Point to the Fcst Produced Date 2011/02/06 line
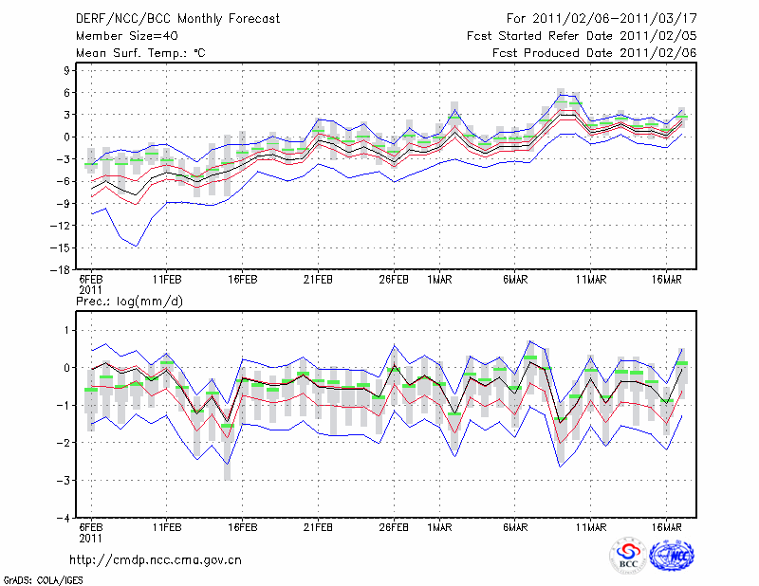click(x=594, y=53)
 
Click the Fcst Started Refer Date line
click(x=582, y=36)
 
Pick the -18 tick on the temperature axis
click(x=63, y=269)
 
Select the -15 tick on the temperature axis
click(x=63, y=247)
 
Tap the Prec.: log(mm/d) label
click(x=131, y=301)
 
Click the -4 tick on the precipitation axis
click(x=65, y=519)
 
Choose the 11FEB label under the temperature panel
click(x=167, y=281)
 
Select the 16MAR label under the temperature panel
click(x=667, y=281)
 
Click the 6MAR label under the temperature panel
click(x=515, y=281)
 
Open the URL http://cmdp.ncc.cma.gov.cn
click(x=157, y=559)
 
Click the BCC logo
click(x=628, y=557)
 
